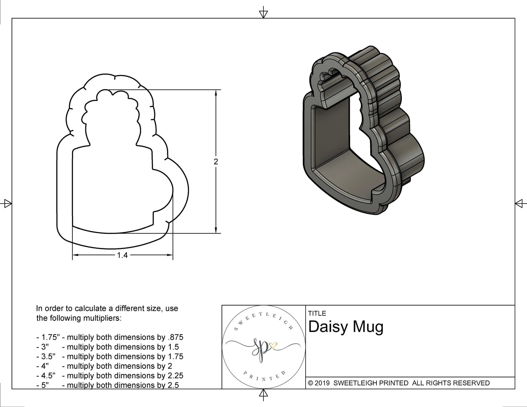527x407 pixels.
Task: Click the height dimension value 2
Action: coord(216,162)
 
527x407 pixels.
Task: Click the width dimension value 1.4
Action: coord(122,255)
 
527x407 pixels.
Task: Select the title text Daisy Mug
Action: coord(346,327)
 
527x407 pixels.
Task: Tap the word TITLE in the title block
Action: coord(317,313)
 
